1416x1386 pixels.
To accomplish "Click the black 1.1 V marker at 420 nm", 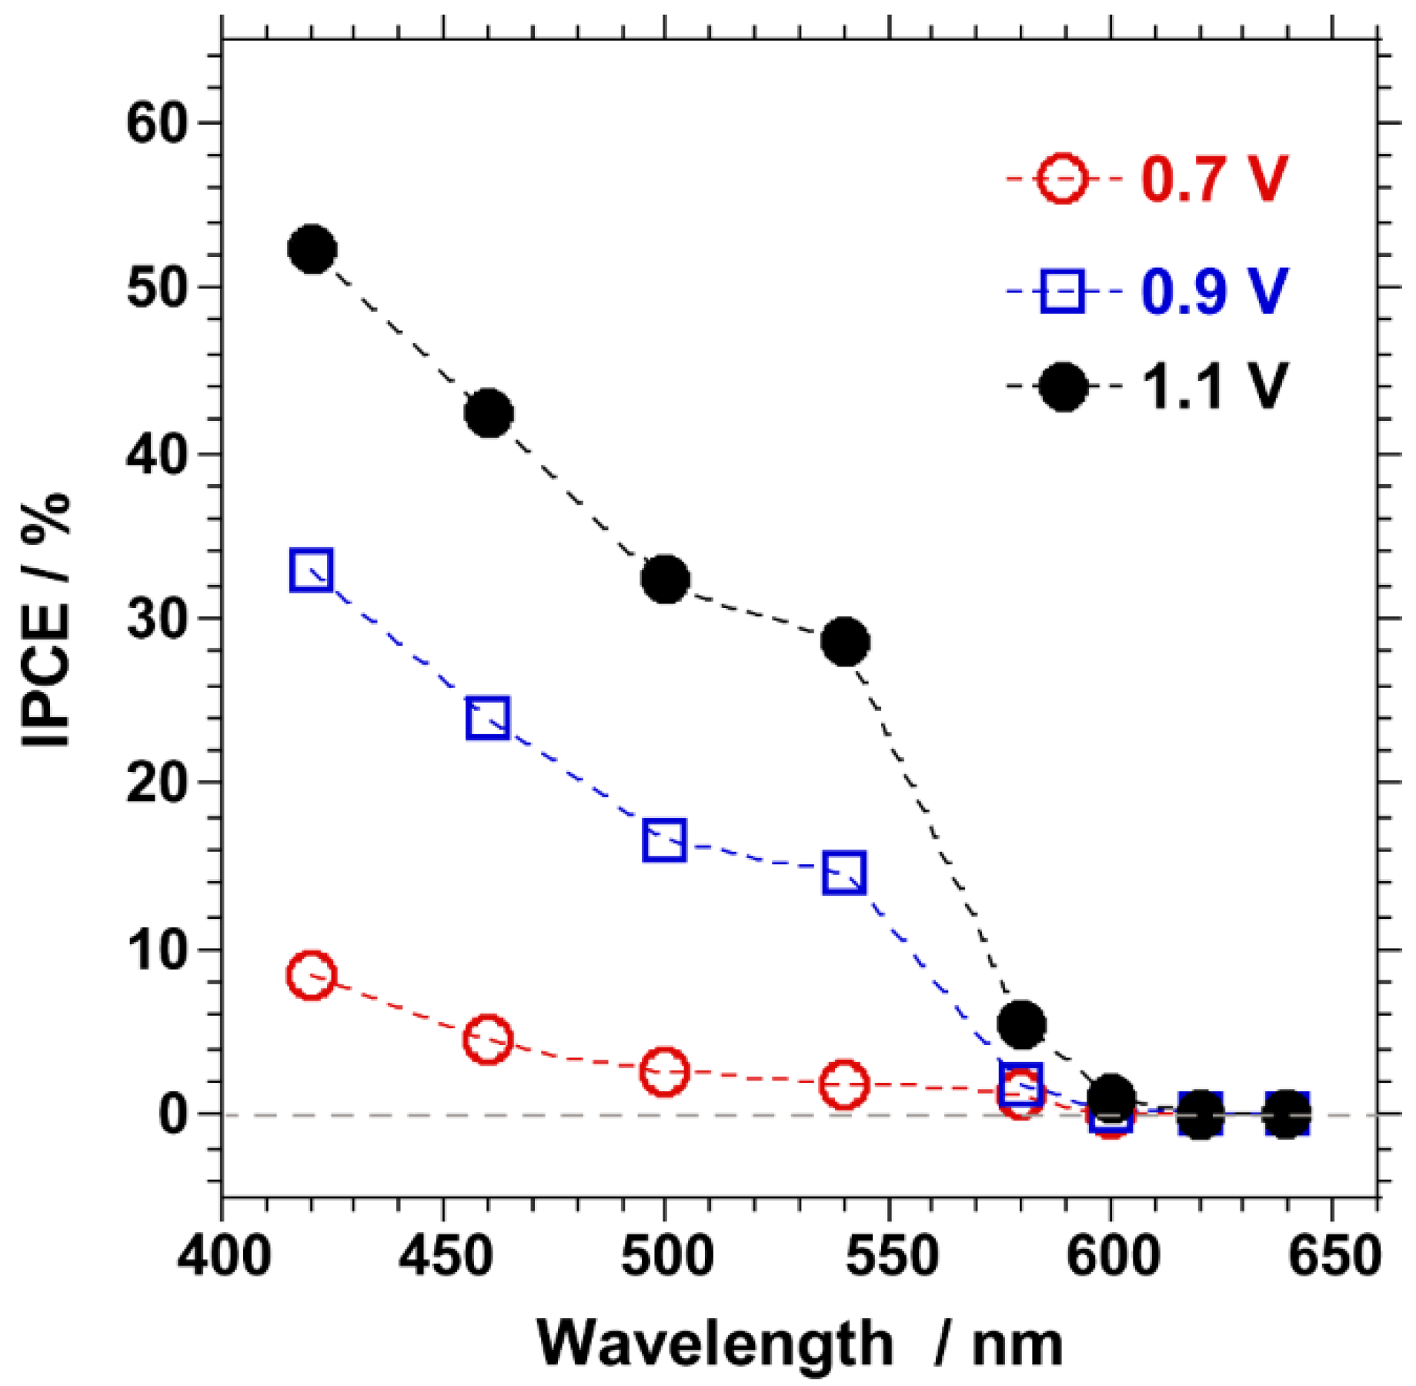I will coord(312,249).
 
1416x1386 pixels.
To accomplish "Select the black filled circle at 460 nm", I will coord(489,413).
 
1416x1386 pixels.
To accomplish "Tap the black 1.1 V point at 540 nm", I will coord(846,641).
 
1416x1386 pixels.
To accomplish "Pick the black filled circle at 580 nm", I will coord(1021,1024).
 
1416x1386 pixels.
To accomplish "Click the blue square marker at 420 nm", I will coord(312,570).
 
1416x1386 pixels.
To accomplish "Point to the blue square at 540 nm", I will coord(844,872).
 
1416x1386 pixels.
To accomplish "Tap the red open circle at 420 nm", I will coord(311,975).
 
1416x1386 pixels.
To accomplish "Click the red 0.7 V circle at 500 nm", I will coord(664,1070).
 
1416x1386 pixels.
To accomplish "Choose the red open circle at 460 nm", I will coord(488,1039).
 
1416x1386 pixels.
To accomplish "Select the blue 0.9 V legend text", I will coord(1214,292).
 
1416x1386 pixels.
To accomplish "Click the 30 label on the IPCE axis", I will coord(158,619).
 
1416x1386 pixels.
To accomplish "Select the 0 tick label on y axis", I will coord(174,1114).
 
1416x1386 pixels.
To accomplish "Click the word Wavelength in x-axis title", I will coord(716,1344).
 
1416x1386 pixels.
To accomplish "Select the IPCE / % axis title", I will coord(46,620).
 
